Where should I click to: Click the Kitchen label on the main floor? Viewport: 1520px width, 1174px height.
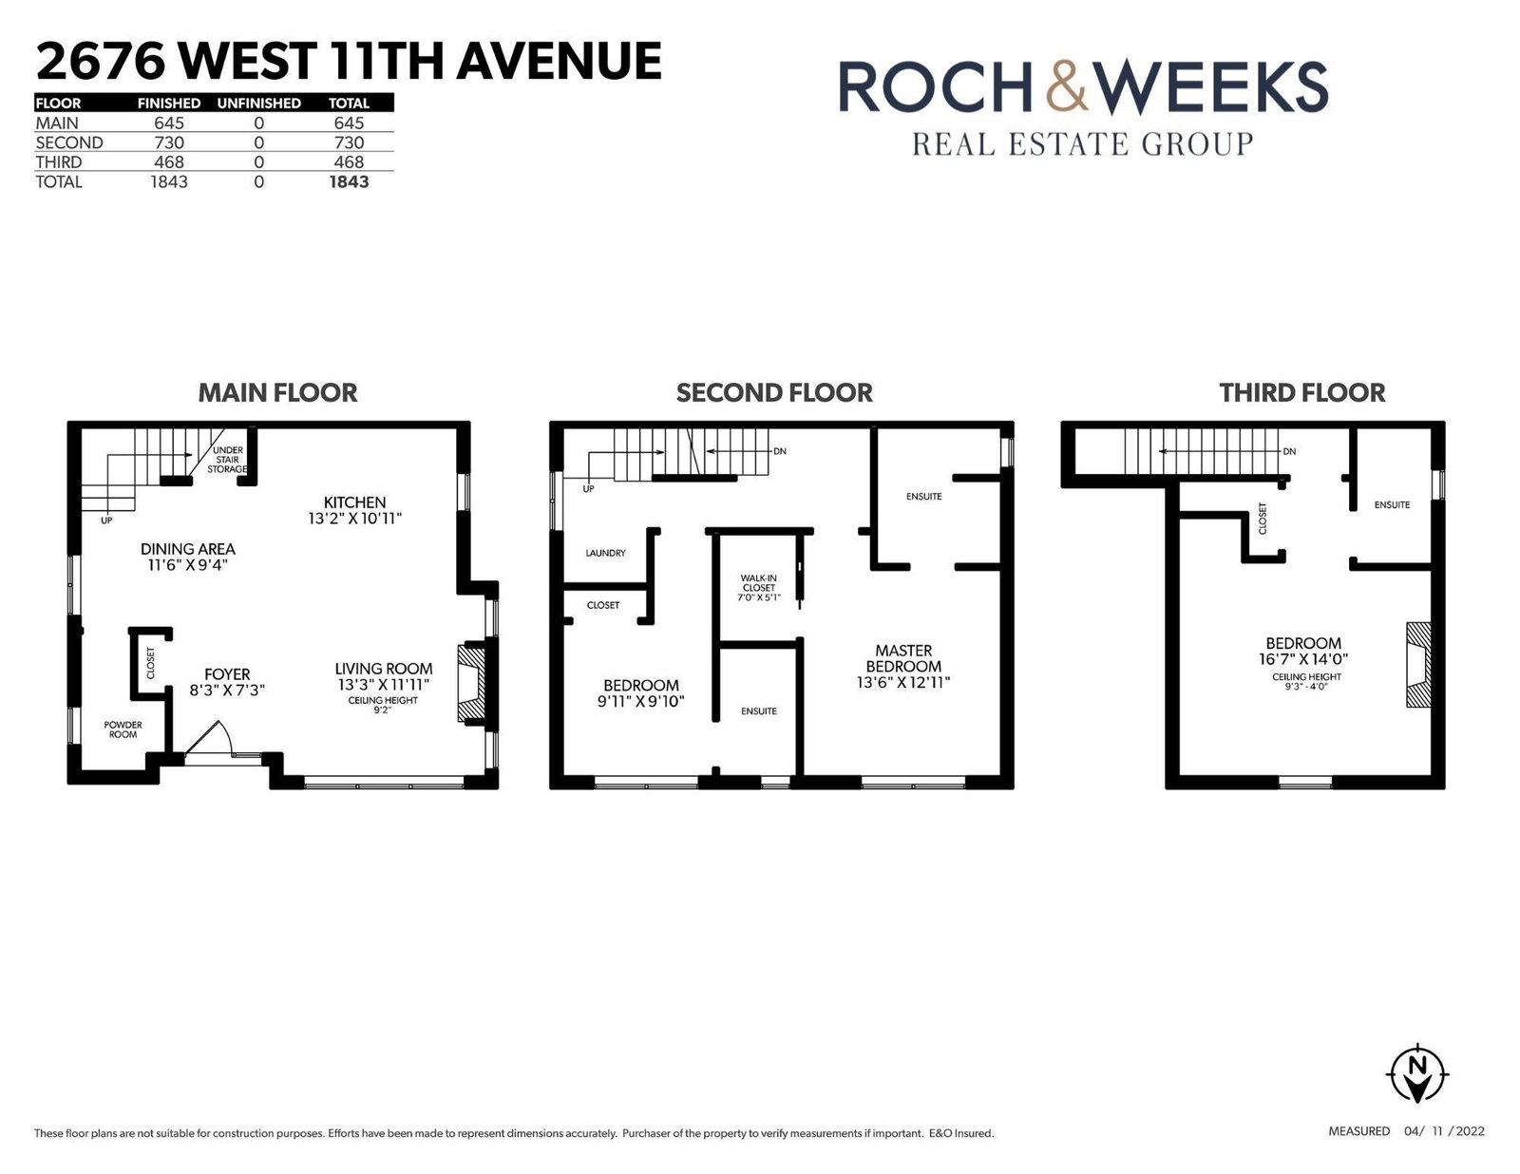click(x=354, y=502)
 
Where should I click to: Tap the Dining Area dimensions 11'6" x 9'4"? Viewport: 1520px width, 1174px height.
click(x=187, y=565)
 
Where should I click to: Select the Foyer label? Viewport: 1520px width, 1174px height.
click(x=227, y=674)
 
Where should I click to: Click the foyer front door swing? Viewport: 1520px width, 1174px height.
click(x=210, y=738)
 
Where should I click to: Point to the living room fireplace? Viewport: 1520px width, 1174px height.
click(x=472, y=683)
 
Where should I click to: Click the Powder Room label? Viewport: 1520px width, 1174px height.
click(x=123, y=729)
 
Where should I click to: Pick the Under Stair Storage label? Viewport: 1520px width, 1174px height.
click(x=227, y=460)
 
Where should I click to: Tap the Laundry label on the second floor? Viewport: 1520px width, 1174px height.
click(x=605, y=553)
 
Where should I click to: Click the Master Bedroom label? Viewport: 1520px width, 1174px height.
click(x=903, y=658)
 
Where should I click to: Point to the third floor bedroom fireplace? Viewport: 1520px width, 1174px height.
click(x=1418, y=664)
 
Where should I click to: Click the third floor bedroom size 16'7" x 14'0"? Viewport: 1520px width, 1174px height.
click(x=1303, y=658)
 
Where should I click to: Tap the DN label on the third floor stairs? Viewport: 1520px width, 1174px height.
click(x=1289, y=452)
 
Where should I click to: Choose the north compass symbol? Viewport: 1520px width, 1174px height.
click(x=1417, y=1074)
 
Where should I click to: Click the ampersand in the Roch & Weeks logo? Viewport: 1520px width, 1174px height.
click(x=1067, y=86)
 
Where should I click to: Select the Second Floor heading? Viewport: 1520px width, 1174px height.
click(x=774, y=392)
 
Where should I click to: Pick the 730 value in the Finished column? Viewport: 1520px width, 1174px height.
click(x=169, y=142)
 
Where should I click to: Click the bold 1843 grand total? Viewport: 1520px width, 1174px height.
click(x=349, y=181)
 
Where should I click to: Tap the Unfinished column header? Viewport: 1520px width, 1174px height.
click(x=258, y=103)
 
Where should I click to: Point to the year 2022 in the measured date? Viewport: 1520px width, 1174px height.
click(x=1469, y=1130)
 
